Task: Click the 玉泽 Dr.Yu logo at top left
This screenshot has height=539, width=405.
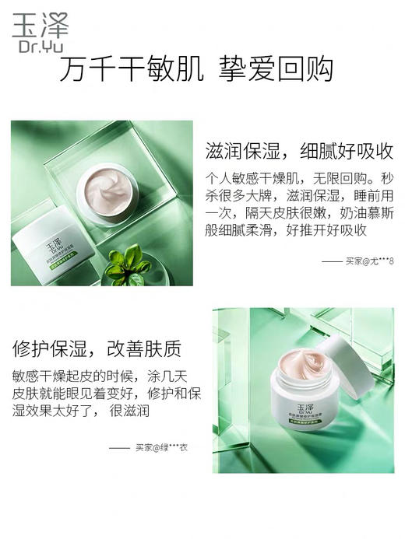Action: (40, 32)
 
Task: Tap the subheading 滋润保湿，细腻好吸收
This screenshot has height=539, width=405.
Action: (298, 150)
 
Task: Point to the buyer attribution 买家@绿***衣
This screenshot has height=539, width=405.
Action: (161, 447)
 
